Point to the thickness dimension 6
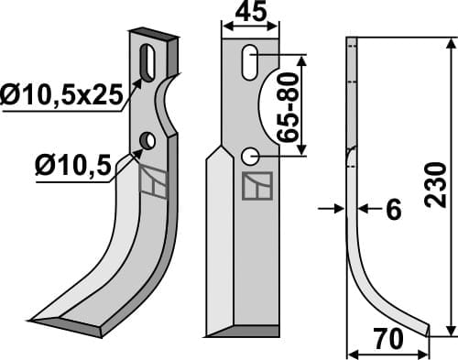pos(393,211)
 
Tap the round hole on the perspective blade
pos(146,140)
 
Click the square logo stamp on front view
pos(251,186)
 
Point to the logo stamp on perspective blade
pos(155,182)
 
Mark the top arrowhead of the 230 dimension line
pos(448,43)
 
